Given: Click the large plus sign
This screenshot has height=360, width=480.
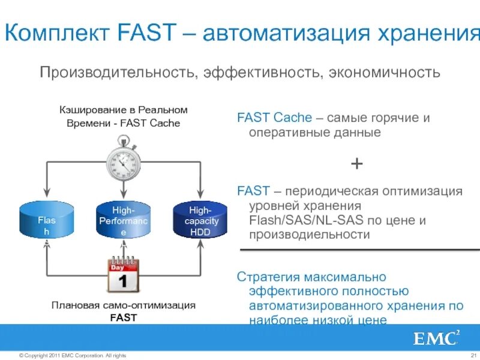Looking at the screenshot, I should tap(356, 163).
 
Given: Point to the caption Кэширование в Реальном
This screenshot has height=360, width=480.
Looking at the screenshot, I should tap(123, 110).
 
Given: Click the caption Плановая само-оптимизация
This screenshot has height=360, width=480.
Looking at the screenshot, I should tap(123, 305).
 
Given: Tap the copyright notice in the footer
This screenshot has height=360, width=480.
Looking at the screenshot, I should tap(73, 355).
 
